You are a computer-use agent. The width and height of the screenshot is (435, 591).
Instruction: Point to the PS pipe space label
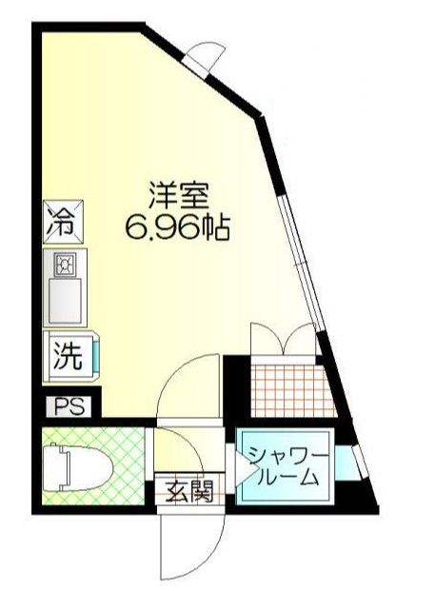[69, 407]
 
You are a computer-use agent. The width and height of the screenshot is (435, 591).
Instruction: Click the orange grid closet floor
[291, 388]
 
